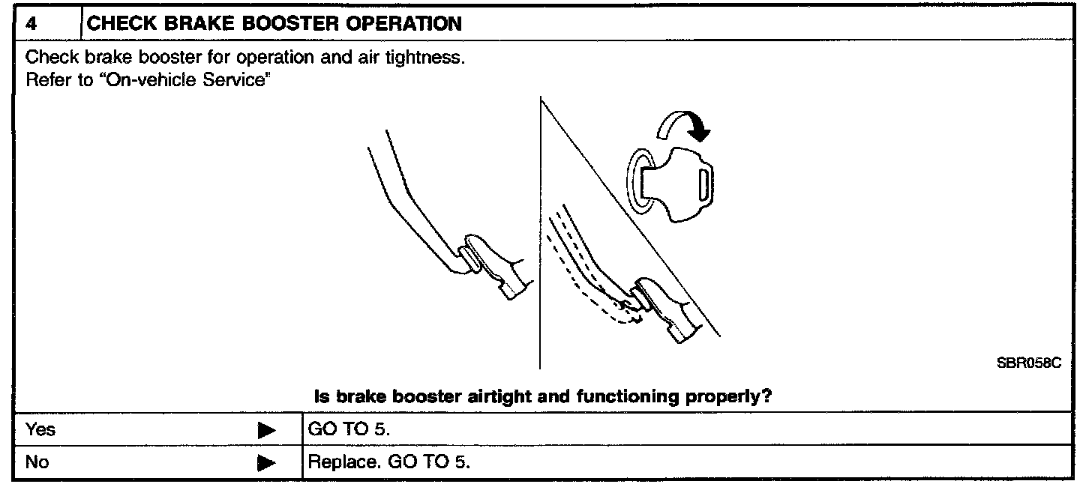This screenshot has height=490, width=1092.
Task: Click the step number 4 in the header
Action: pyautogui.click(x=31, y=23)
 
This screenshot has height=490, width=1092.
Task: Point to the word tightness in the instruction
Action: pyautogui.click(x=429, y=58)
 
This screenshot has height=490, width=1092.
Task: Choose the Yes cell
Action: pyautogui.click(x=40, y=430)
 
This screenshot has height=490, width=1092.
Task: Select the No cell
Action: pyautogui.click(x=37, y=462)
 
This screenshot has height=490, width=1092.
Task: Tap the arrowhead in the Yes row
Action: pyautogui.click(x=266, y=431)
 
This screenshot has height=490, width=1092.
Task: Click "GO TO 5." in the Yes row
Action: pyautogui.click(x=349, y=430)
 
